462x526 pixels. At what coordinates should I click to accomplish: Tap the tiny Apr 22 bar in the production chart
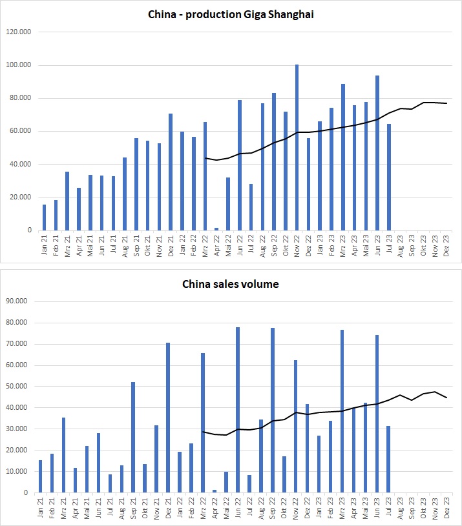pyautogui.click(x=215, y=228)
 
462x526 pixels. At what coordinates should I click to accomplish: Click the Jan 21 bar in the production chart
pyautogui.click(x=44, y=217)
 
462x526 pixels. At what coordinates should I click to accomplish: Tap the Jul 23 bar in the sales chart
pyautogui.click(x=388, y=459)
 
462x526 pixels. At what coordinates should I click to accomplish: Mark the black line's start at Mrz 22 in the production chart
pyautogui.click(x=205, y=157)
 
